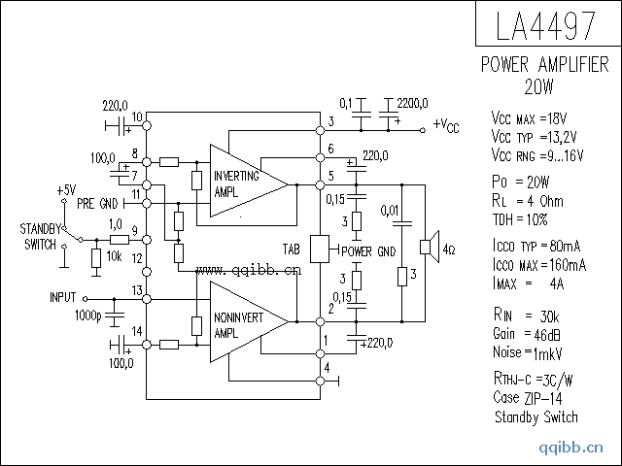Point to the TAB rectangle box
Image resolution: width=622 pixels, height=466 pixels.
(321, 249)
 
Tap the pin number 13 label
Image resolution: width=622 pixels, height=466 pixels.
(137, 291)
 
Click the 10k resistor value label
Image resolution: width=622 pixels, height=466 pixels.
(115, 256)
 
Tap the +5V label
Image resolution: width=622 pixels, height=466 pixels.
(66, 189)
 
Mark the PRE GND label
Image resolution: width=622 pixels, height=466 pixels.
(96, 204)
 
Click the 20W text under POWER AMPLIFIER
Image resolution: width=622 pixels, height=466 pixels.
(538, 85)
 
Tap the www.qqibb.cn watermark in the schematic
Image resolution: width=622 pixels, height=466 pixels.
(249, 271)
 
